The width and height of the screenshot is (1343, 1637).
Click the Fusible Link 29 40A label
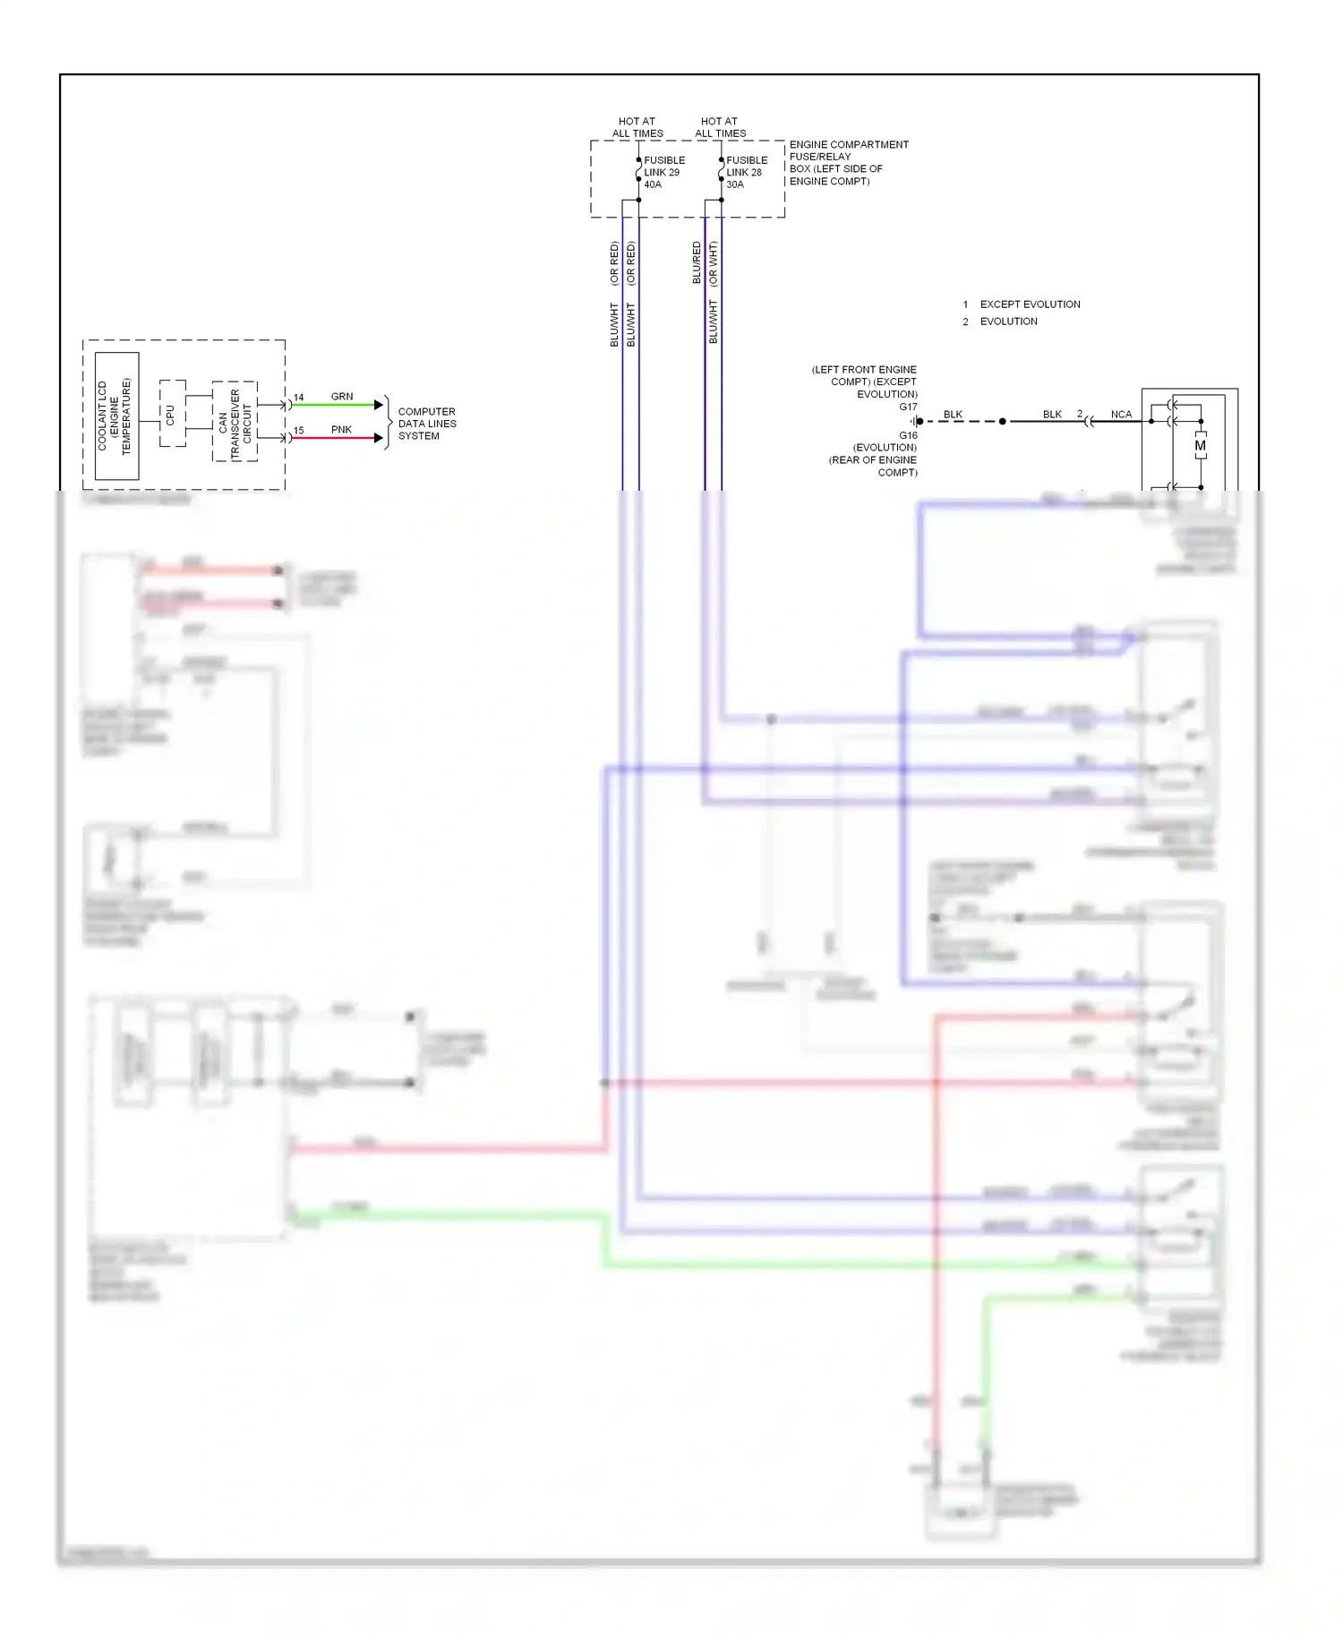tap(663, 173)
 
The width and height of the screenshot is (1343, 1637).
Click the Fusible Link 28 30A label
tap(746, 173)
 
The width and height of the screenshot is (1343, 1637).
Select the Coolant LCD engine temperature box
tap(116, 416)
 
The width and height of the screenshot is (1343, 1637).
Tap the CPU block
tap(171, 414)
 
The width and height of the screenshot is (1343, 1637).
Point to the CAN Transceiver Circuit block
tap(235, 422)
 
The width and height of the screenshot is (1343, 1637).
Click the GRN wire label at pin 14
tap(342, 397)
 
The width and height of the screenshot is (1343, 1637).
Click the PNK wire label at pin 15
tap(341, 430)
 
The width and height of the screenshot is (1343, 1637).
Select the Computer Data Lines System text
tap(427, 424)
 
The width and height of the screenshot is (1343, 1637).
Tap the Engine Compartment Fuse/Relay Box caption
tap(848, 163)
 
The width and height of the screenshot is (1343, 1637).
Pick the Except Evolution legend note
tap(1030, 304)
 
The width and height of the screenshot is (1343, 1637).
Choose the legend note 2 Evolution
tap(1008, 321)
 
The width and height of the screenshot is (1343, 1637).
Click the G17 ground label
tap(908, 407)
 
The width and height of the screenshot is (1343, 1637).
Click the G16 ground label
tap(908, 435)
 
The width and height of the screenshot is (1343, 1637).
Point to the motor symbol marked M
tap(1200, 446)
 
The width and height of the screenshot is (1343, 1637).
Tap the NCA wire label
tap(1121, 415)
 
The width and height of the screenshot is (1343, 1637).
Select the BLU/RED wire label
tap(697, 263)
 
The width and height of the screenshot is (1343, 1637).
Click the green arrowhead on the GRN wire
tap(379, 405)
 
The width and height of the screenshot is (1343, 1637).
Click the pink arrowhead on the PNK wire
tap(379, 438)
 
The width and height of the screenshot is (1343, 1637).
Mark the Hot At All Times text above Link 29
tap(637, 127)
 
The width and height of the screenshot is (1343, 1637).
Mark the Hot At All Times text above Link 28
tap(720, 127)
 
